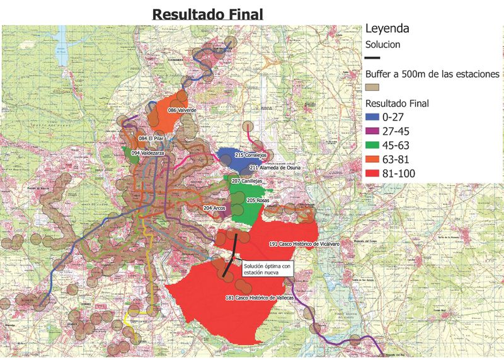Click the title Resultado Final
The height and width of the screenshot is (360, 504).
pos(207,13)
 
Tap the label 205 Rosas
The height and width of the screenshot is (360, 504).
pos(259,200)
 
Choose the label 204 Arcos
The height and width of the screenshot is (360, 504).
pos(214,207)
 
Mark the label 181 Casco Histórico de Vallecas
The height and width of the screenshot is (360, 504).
pos(260,297)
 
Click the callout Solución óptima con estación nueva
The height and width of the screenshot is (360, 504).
pos(267,269)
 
